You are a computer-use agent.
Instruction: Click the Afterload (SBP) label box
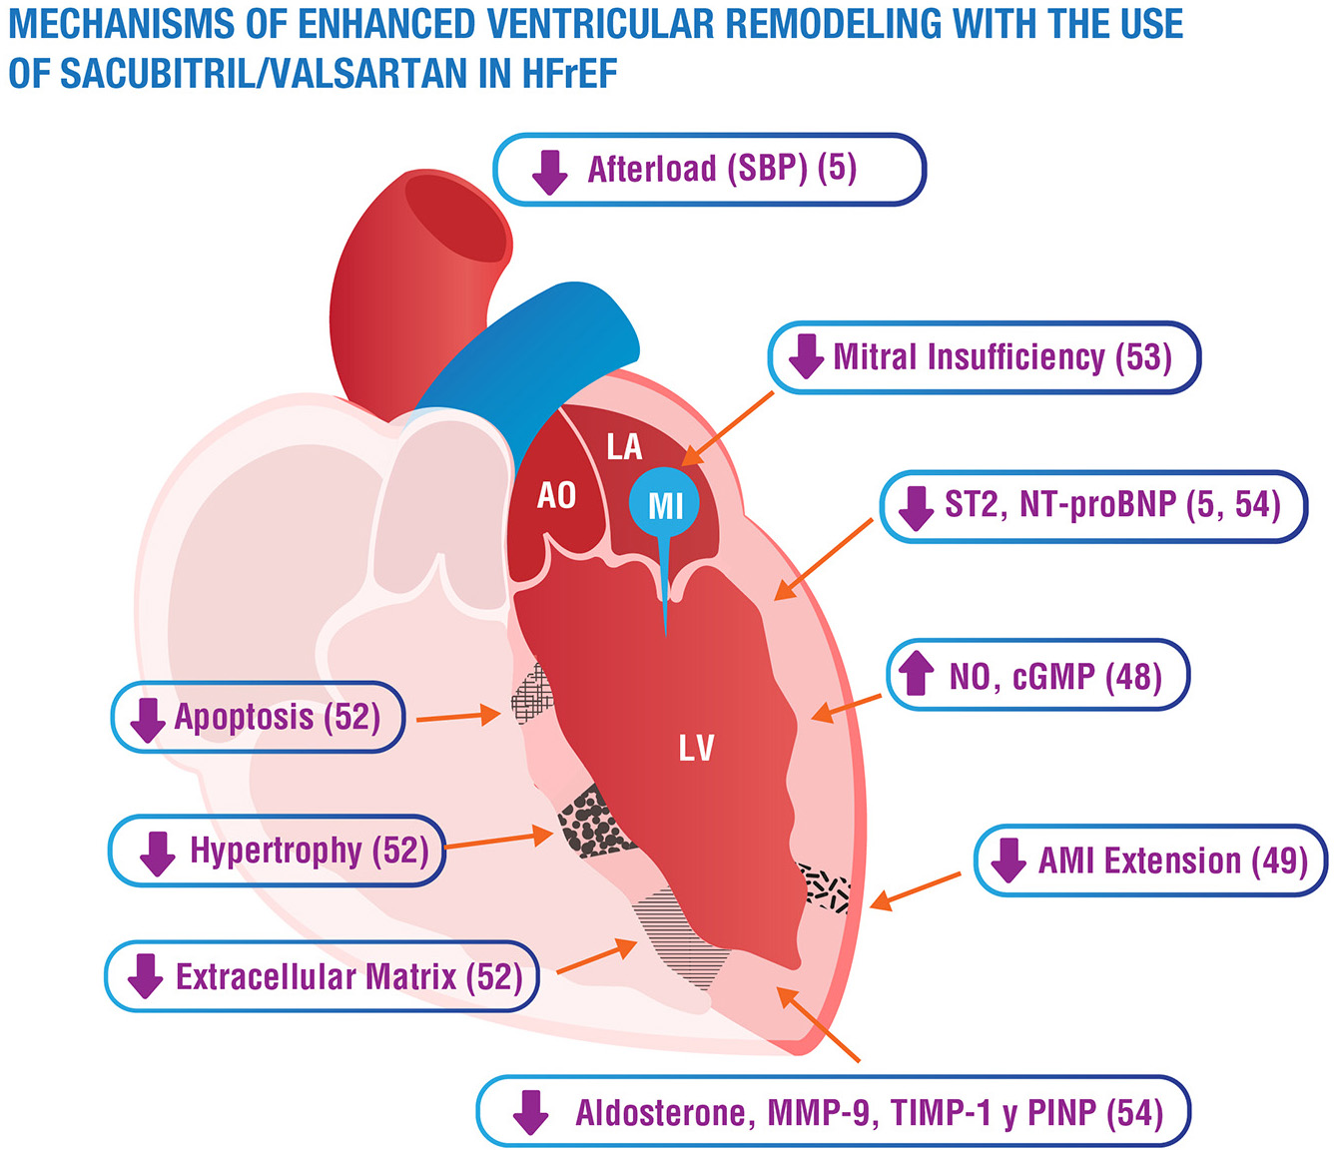pos(709,170)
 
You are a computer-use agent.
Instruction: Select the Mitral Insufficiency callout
pos(984,357)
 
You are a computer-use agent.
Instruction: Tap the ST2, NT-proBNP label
pos(1093,505)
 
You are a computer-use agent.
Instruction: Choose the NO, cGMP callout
pos(1038,676)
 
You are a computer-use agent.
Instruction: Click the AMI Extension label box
pos(1151,860)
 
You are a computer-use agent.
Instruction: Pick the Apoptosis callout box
pos(259,717)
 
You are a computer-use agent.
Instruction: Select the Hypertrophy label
pos(277,851)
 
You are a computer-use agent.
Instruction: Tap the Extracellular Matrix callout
pos(322,976)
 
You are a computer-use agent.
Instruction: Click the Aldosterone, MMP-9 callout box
pos(834,1112)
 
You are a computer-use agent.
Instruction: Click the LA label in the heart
pos(624,446)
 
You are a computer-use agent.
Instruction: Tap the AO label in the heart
pos(556,494)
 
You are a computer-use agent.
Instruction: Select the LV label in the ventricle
pos(696,748)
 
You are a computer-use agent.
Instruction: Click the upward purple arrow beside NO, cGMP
pos(916,674)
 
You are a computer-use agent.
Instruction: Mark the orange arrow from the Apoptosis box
pos(457,716)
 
